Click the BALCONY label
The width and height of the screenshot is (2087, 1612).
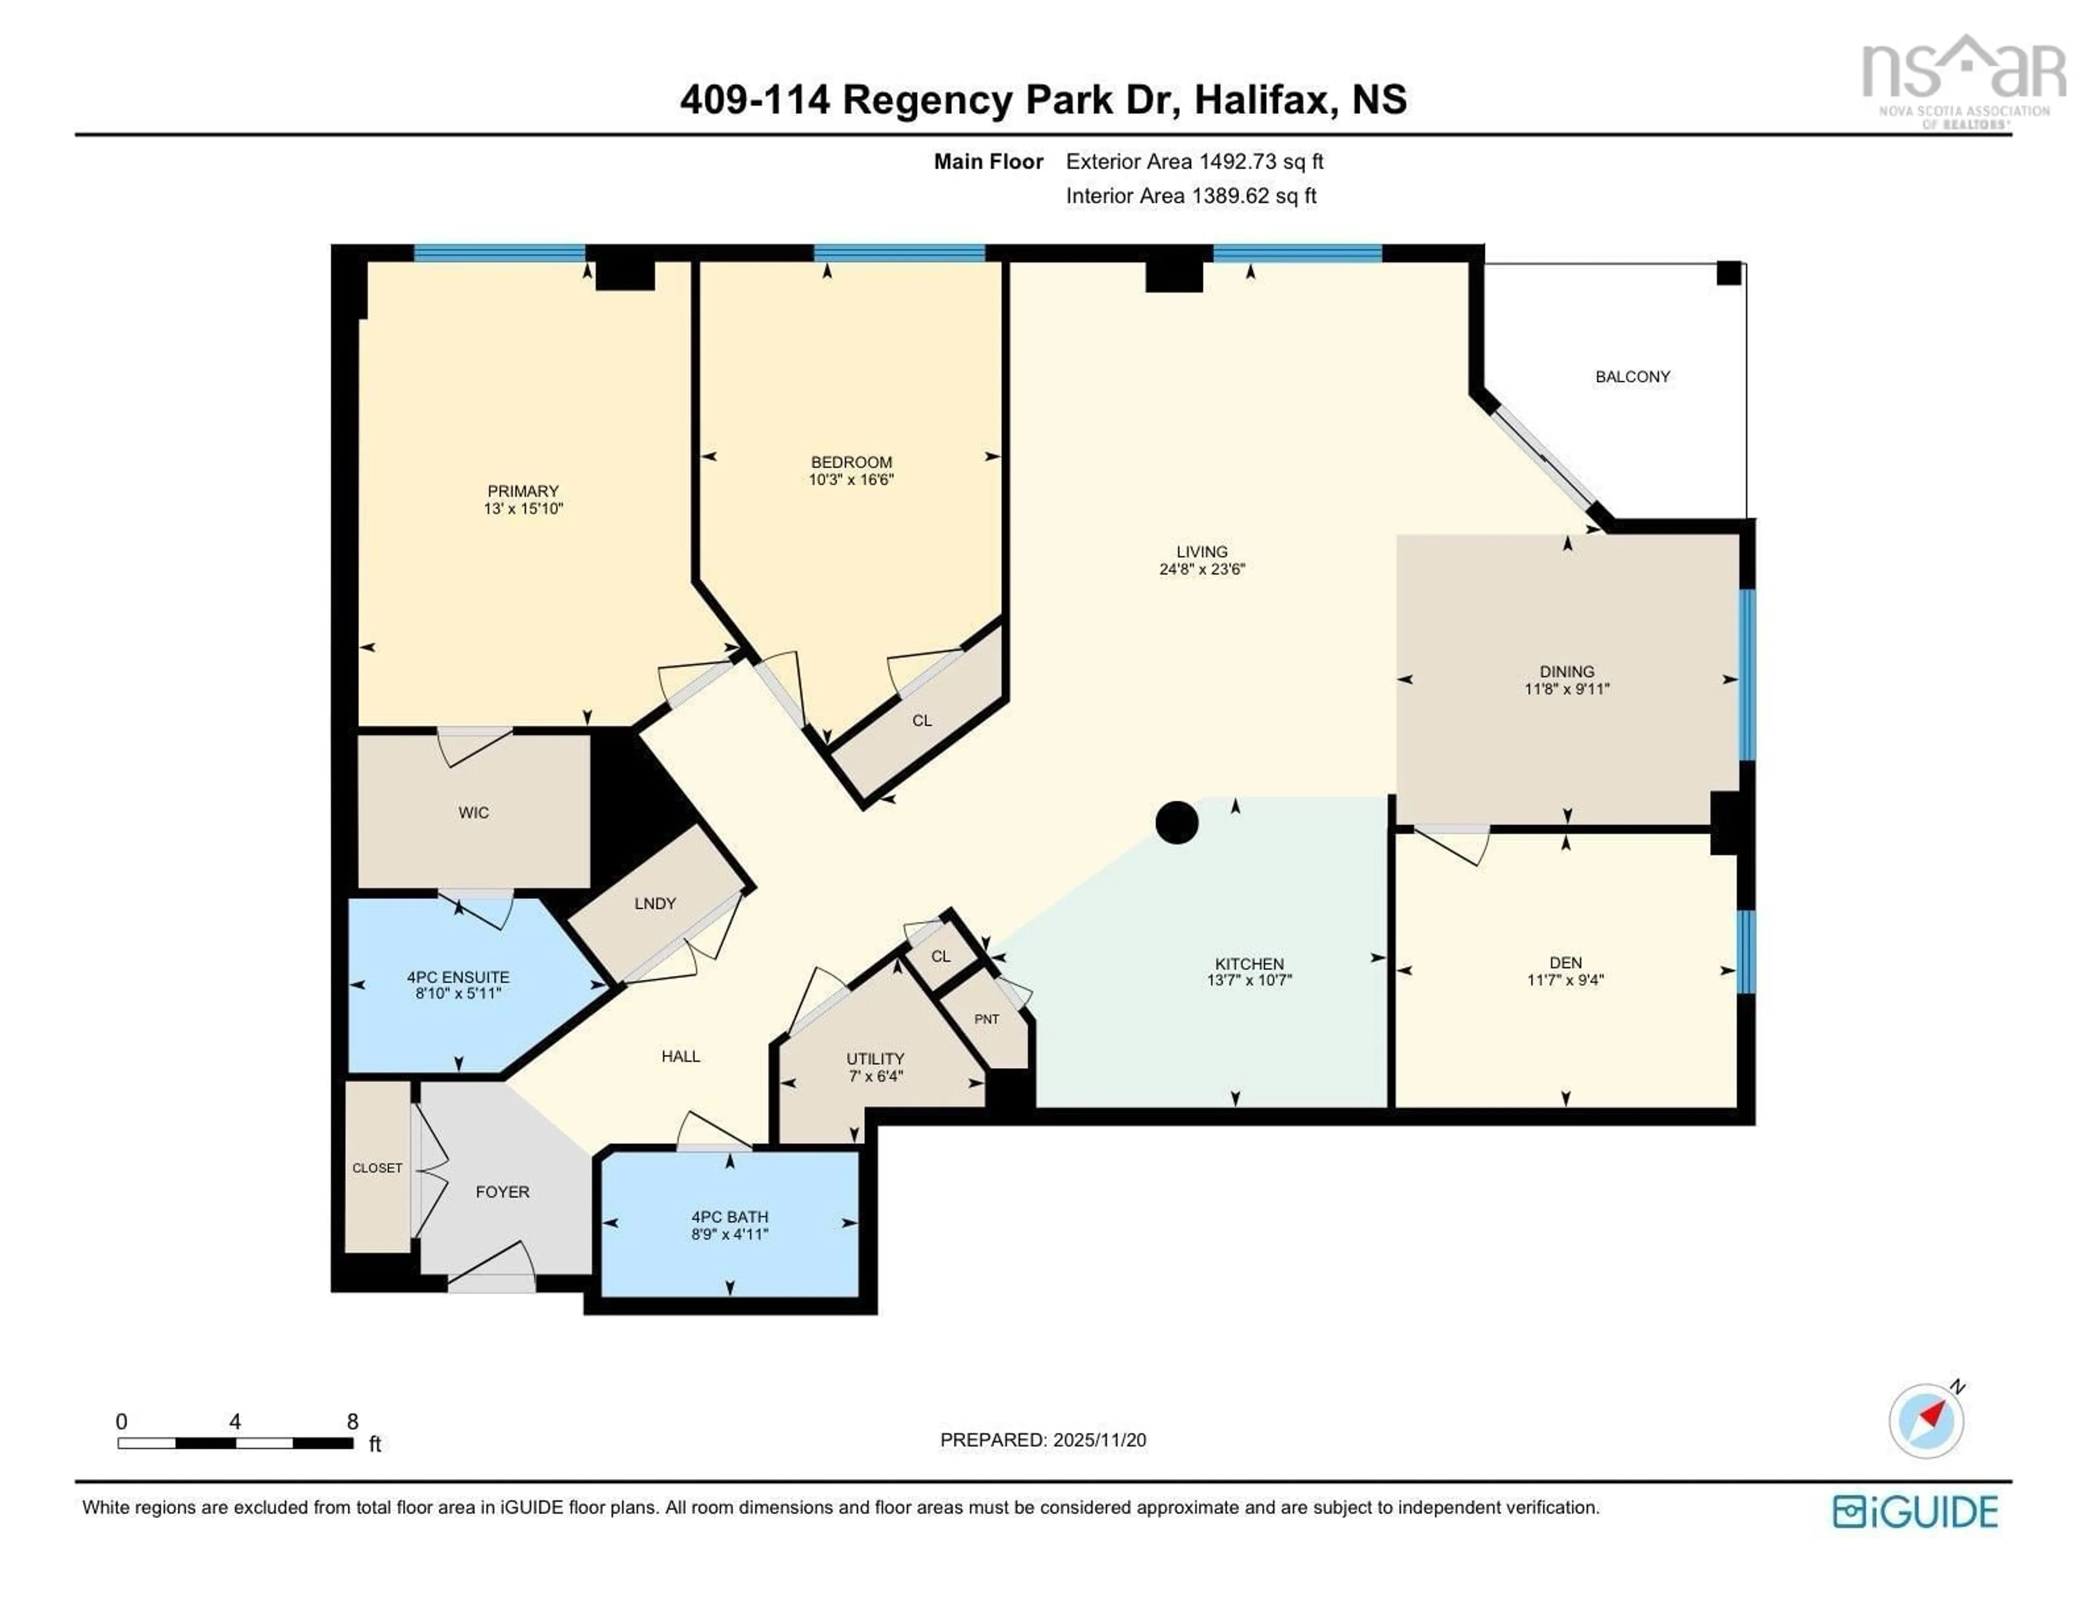[1632, 377]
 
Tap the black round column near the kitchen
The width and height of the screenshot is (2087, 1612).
[1176, 822]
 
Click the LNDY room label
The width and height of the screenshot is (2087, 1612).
[654, 903]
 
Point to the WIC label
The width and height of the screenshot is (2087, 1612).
[473, 812]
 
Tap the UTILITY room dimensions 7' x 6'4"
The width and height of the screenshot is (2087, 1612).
[874, 1076]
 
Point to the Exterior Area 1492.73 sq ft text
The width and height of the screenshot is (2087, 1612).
[1195, 161]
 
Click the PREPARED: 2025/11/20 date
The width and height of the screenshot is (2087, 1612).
[1042, 1440]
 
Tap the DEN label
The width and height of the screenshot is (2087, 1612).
[1565, 962]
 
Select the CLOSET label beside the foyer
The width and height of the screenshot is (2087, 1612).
[378, 1168]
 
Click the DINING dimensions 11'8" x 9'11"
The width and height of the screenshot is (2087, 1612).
[1566, 689]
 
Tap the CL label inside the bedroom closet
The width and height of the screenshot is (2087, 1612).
[921, 720]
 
